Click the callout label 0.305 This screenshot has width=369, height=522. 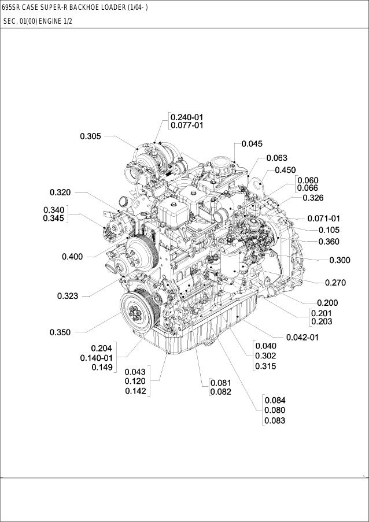tap(91, 136)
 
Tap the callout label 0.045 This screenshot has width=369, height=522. tap(252, 143)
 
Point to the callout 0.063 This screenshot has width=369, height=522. tap(277, 157)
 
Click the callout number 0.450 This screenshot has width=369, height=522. tap(286, 170)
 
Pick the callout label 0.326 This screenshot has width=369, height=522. tap(313, 198)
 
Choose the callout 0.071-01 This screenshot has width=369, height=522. tap(324, 219)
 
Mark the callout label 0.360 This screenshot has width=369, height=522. tap(329, 242)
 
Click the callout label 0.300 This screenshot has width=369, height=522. tap(340, 261)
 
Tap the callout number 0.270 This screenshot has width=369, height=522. tap(335, 283)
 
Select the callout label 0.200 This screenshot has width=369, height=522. tap(327, 302)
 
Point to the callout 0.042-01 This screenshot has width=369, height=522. tap(303, 337)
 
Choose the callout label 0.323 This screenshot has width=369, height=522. tap(68, 296)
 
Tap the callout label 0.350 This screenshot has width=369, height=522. tap(60, 332)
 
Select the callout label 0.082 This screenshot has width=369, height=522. tap(221, 392)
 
